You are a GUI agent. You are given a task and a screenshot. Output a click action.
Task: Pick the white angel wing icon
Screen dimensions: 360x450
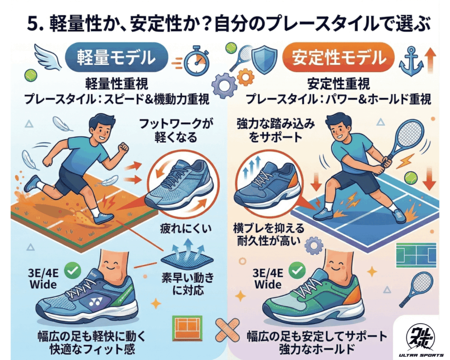[48, 57]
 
